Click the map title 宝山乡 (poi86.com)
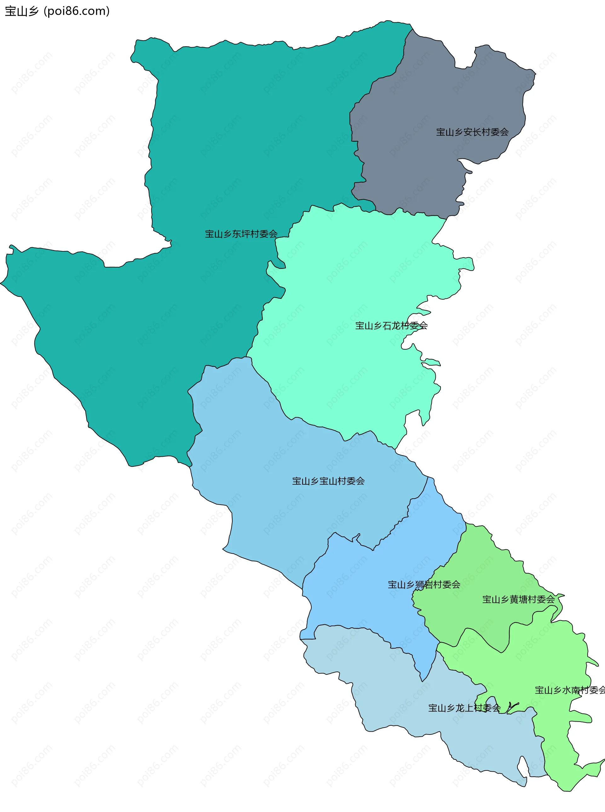[57, 11]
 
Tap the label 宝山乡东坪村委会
[241, 234]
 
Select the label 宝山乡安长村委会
[472, 132]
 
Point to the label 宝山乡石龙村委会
[391, 325]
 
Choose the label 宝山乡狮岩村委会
[424, 585]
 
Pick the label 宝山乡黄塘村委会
[518, 599]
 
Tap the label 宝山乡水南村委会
[569, 690]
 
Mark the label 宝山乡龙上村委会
[464, 708]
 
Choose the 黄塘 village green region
[476, 571]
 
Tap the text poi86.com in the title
[77, 11]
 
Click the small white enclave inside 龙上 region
[522, 767]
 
